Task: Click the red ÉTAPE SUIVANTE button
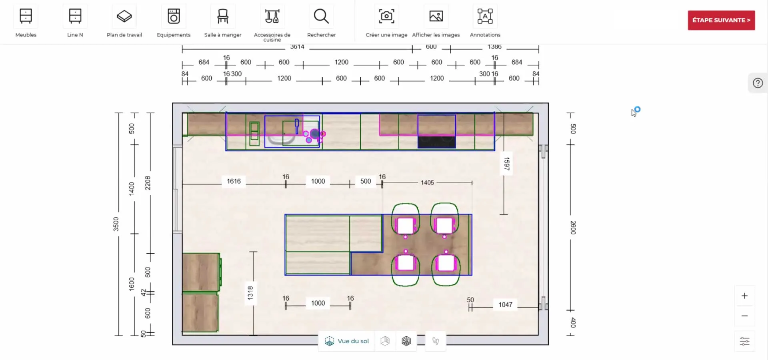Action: click(x=721, y=20)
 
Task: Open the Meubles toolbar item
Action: click(x=26, y=16)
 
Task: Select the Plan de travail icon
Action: click(x=124, y=16)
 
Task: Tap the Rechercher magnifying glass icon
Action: click(x=321, y=16)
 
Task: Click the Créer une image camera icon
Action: click(x=386, y=16)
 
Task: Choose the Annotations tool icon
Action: click(x=485, y=16)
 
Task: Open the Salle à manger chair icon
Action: click(x=223, y=16)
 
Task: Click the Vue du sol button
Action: click(x=347, y=341)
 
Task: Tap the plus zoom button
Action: click(x=744, y=296)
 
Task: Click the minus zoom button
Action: click(x=744, y=316)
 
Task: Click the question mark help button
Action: click(x=758, y=83)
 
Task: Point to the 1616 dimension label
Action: click(x=234, y=181)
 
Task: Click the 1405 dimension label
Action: click(x=427, y=183)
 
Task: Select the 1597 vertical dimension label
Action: click(x=506, y=164)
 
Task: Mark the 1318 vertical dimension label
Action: click(x=250, y=293)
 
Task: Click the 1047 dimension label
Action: click(x=505, y=305)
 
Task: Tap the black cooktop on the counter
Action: click(x=436, y=142)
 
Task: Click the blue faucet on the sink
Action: click(x=297, y=126)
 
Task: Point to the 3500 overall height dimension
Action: click(x=116, y=224)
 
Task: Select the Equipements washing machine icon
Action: click(x=174, y=16)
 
